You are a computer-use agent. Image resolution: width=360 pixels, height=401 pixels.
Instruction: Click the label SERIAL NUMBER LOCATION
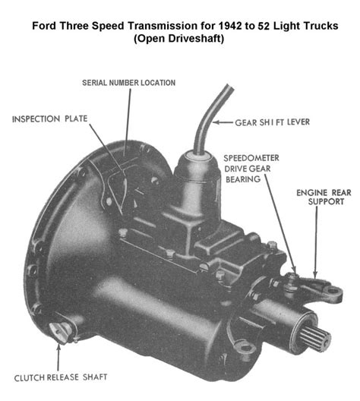(x=128, y=83)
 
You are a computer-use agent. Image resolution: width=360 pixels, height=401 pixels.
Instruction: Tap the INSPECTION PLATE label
(x=50, y=119)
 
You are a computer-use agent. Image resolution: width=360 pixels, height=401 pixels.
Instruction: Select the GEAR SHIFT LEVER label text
(x=273, y=122)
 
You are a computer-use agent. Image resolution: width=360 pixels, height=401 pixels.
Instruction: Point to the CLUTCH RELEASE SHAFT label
(x=61, y=377)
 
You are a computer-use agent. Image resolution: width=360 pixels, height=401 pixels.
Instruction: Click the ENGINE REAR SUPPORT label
(x=324, y=197)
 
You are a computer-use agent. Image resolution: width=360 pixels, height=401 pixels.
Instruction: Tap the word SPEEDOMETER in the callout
(x=251, y=158)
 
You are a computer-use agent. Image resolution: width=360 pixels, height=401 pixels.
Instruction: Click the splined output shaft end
(x=314, y=338)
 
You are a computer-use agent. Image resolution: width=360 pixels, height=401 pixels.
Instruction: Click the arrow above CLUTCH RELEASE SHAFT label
(x=58, y=357)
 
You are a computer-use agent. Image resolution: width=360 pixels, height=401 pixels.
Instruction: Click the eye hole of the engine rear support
(x=333, y=291)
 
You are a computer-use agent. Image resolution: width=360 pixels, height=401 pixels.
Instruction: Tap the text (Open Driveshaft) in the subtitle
(x=179, y=39)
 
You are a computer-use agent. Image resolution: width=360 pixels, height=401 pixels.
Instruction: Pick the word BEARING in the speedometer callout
(x=243, y=179)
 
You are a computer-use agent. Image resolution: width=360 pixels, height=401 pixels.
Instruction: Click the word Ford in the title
(x=43, y=26)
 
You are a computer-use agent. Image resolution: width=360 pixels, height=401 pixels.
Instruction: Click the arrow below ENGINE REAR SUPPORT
(x=316, y=242)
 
